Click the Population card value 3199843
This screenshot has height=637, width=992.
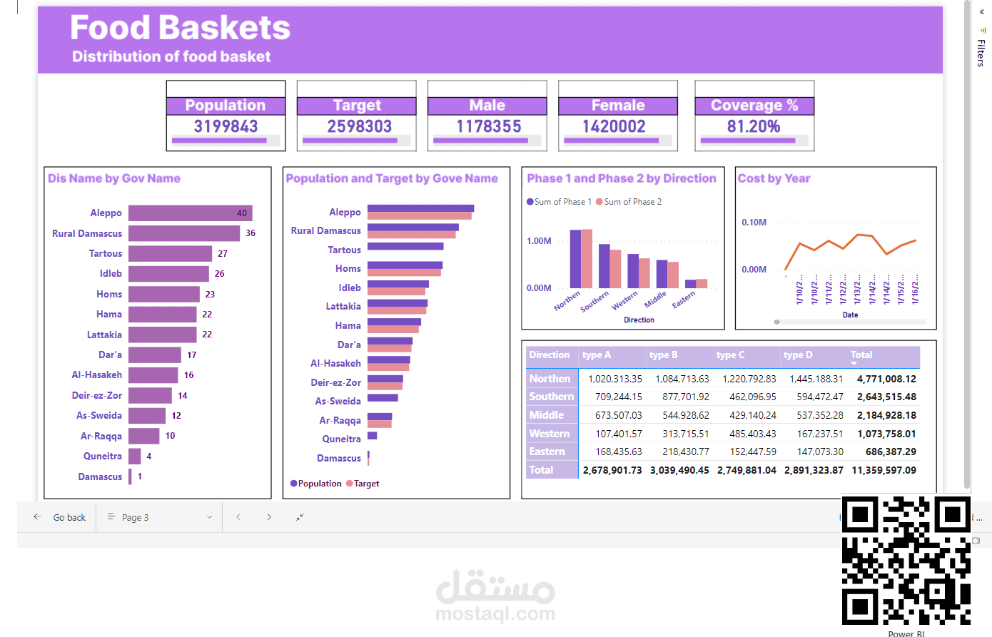pos(226,126)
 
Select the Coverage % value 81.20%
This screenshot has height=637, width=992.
pos(754,126)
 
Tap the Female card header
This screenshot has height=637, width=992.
pos(618,106)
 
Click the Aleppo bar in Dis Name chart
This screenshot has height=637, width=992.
pos(190,213)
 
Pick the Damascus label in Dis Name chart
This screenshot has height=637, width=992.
pos(100,477)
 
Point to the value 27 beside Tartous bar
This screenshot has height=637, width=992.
pos(223,253)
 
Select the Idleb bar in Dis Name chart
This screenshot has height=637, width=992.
pos(168,274)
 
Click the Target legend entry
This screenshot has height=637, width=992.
pos(366,484)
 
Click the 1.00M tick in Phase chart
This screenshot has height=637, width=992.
pos(539,241)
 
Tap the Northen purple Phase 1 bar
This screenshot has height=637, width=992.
pos(575,259)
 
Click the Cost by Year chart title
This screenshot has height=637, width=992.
pos(774,178)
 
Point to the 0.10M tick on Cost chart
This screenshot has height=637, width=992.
pos(754,223)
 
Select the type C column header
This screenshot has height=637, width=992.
pos(730,355)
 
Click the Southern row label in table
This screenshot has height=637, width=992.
pos(551,397)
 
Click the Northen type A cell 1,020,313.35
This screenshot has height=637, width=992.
pos(614,379)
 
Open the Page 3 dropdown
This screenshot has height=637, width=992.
pos(159,517)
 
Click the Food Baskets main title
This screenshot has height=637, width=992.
pos(180,29)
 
